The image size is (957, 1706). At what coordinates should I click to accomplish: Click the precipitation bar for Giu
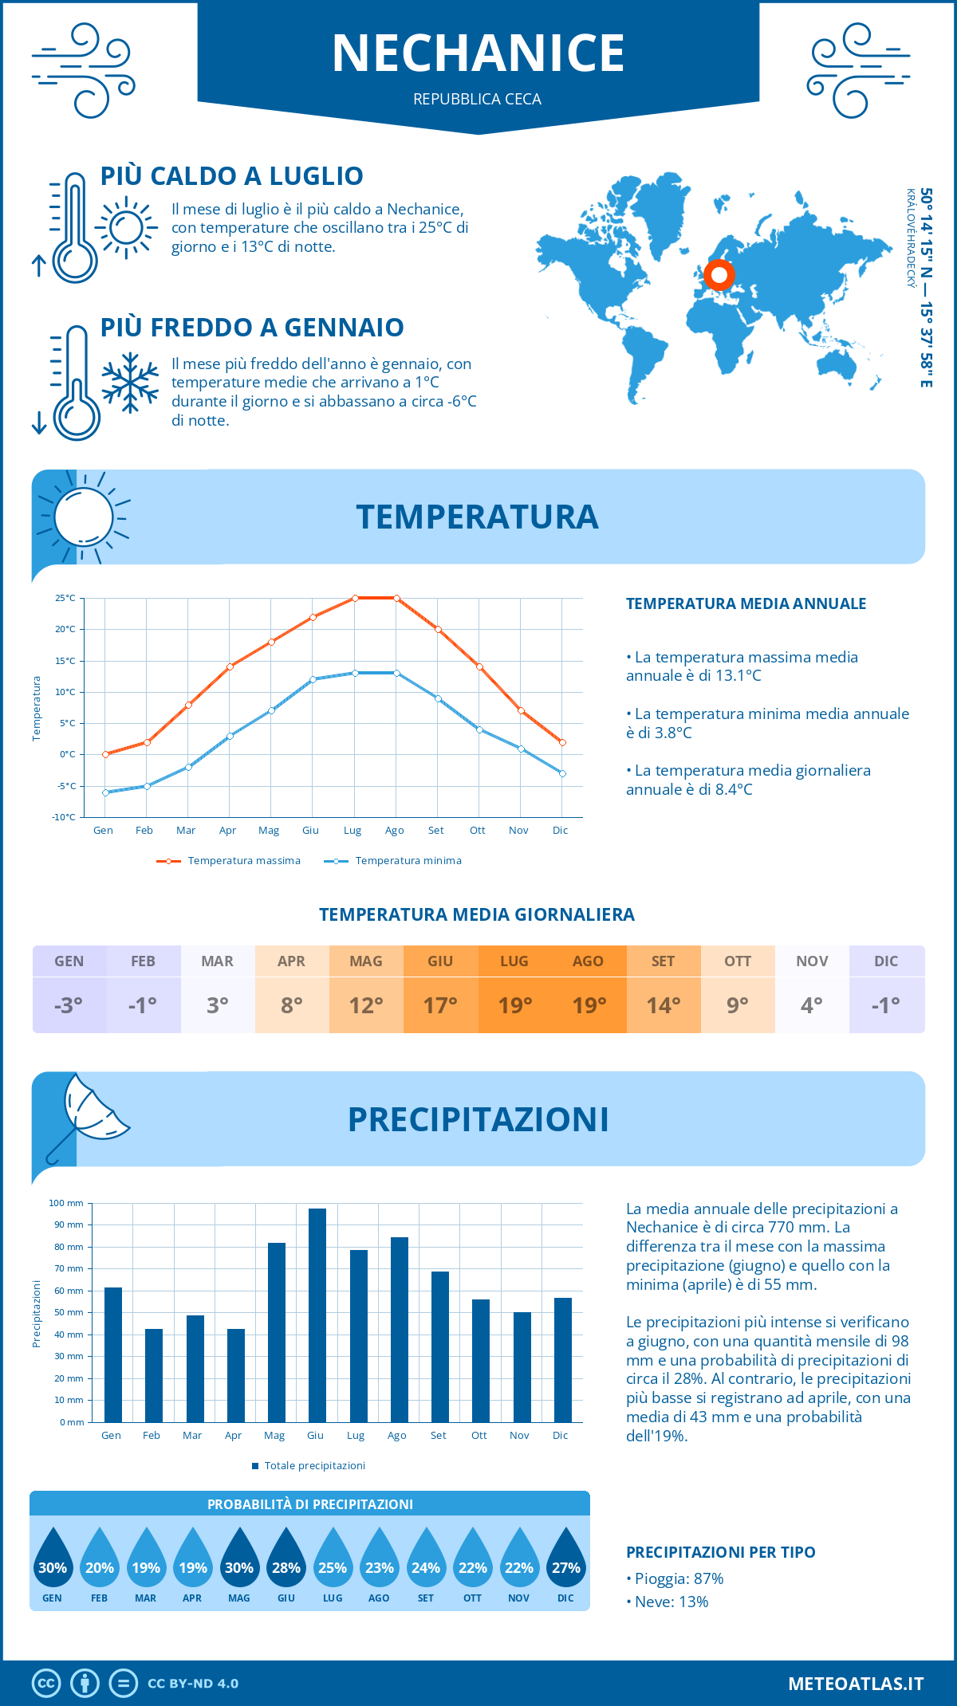pyautogui.click(x=317, y=1315)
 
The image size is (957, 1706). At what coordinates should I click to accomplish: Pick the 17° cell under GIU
pyautogui.click(x=440, y=1005)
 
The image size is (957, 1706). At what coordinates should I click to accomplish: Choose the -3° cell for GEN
pyautogui.click(x=69, y=1005)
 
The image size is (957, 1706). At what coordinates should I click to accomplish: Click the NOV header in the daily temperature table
pyautogui.click(x=812, y=961)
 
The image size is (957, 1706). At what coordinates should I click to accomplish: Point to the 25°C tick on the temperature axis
pyautogui.click(x=65, y=598)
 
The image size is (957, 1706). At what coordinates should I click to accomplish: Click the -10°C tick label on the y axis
pyautogui.click(x=64, y=817)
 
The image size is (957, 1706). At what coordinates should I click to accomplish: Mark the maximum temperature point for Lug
pyautogui.click(x=355, y=598)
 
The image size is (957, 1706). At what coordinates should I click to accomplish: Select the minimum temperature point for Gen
pyautogui.click(x=105, y=792)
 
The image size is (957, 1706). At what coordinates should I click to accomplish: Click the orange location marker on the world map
pyautogui.click(x=719, y=275)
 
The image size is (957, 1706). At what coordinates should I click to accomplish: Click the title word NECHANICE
pyautogui.click(x=478, y=53)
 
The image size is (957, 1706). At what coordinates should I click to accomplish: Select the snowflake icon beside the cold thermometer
pyautogui.click(x=130, y=383)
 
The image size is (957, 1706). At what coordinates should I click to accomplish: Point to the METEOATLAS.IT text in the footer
pyautogui.click(x=856, y=1684)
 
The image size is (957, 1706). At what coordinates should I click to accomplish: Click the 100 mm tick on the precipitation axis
pyautogui.click(x=66, y=1203)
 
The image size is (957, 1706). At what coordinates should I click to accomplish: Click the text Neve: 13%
pyautogui.click(x=671, y=1602)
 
